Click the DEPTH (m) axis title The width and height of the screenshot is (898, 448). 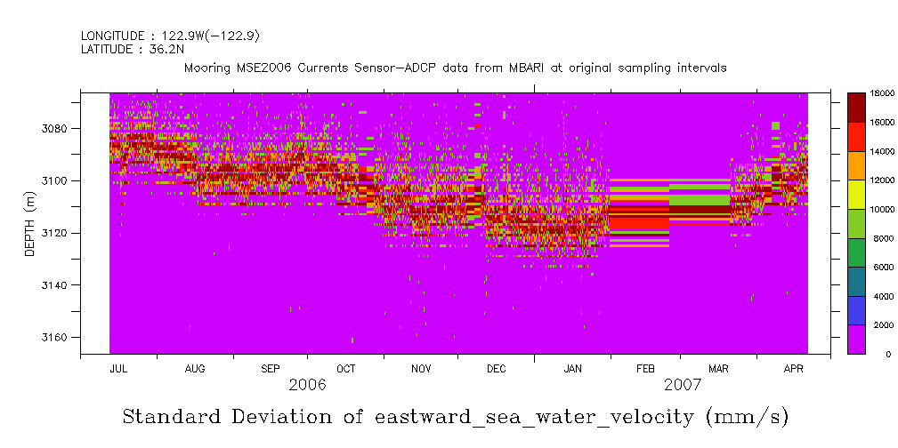point(29,224)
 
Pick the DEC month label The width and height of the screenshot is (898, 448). point(497,368)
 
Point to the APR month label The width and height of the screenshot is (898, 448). point(795,368)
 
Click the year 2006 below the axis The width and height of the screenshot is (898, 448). point(308,385)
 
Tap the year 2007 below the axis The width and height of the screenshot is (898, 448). point(683,385)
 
